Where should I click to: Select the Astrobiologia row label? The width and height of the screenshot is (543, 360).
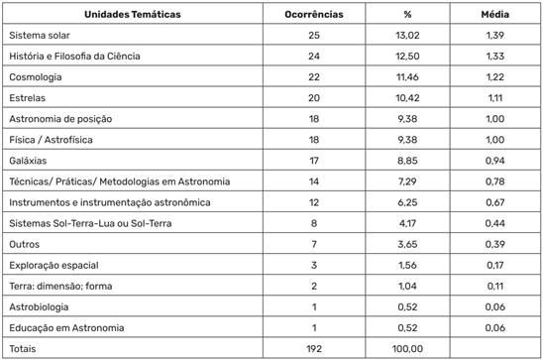click(38, 306)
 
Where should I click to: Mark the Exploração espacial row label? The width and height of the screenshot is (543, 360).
click(51, 265)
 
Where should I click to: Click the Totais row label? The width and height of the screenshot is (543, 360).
click(23, 348)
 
